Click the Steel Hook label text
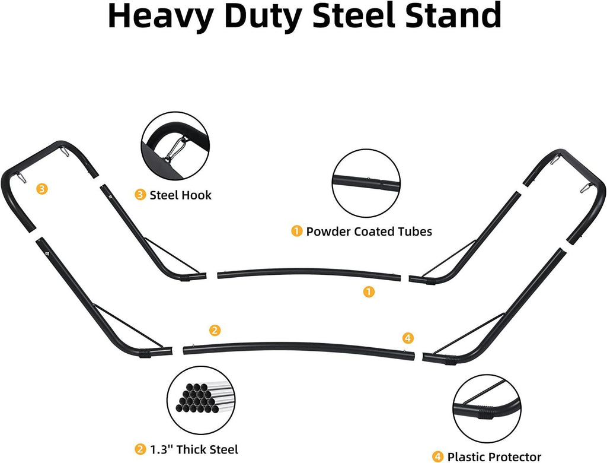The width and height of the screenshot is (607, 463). pos(180,195)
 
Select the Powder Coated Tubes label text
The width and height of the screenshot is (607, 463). pos(369,231)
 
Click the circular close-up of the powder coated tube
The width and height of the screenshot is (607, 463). pos(366,183)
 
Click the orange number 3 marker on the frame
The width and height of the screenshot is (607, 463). pos(41,189)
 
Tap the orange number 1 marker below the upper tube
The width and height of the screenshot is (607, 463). pos(369,291)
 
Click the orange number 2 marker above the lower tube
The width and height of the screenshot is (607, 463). pos(215,330)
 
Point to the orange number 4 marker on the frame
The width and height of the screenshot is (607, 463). pos(407,338)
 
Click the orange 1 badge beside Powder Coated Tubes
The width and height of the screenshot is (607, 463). pos(296,231)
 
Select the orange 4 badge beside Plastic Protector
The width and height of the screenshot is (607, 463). pos(437,456)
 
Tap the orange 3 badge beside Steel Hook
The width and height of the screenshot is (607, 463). pos(140,195)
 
